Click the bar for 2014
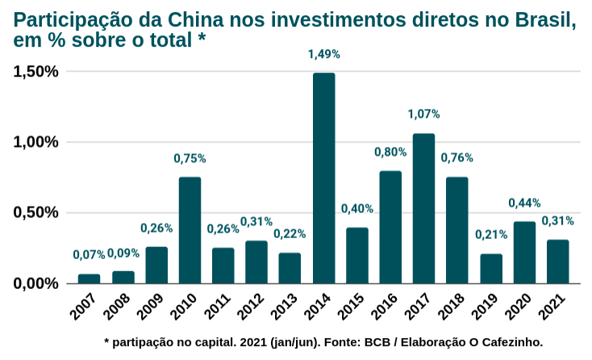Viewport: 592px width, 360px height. point(323,178)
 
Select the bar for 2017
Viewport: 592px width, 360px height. point(423,208)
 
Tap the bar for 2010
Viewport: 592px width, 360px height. point(190,230)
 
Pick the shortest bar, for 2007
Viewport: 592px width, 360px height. point(90,278)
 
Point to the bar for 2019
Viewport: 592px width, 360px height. point(490,268)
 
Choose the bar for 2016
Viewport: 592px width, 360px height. point(390,227)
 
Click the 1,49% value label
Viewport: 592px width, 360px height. point(323,54)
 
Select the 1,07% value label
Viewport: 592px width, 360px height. point(423,115)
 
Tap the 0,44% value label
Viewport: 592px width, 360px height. point(524,203)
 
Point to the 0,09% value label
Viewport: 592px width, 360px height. point(123,253)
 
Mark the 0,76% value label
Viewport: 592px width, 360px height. point(457,157)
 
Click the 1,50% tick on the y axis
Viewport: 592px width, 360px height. point(36,71)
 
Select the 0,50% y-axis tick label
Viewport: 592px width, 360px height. point(36,213)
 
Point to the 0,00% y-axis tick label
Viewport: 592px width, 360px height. point(36,283)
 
